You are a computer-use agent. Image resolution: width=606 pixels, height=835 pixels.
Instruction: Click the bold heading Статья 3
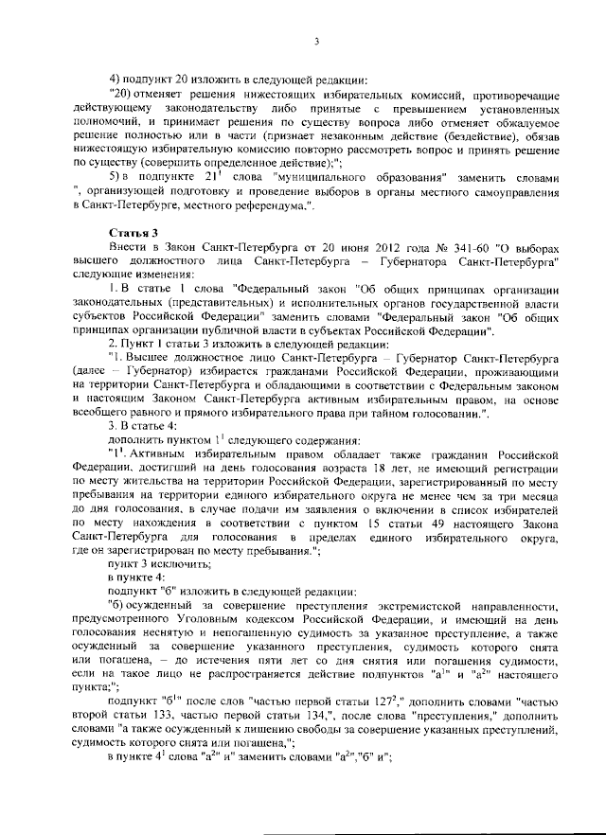point(131,232)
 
